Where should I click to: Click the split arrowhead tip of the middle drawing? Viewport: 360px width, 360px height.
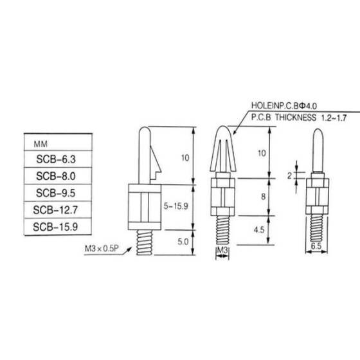click(221, 132)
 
